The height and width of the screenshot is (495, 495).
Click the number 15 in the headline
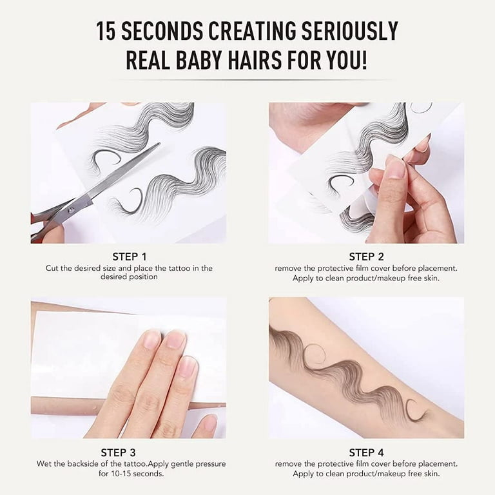click(106, 31)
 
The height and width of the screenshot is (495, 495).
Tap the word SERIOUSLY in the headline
click(349, 31)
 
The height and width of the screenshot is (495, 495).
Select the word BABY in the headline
click(197, 60)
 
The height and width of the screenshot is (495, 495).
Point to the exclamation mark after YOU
click(364, 60)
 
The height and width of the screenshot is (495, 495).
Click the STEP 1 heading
click(130, 257)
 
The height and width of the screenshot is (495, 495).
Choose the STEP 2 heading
click(366, 257)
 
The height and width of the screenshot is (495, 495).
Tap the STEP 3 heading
click(118, 452)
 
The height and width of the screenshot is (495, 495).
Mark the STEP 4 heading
click(366, 452)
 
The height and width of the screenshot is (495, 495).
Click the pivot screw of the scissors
click(72, 209)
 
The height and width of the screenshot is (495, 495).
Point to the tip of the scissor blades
click(159, 144)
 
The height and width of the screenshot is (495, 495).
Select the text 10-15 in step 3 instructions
click(119, 474)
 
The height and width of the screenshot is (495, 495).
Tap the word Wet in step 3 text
click(43, 464)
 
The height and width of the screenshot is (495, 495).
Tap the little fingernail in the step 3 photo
click(210, 422)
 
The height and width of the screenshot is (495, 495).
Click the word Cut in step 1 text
click(52, 268)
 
